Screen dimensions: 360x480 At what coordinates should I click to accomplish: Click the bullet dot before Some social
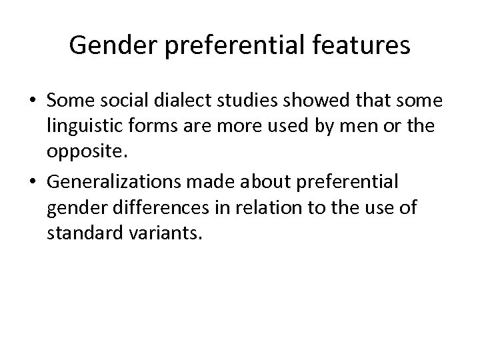pos(32,101)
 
